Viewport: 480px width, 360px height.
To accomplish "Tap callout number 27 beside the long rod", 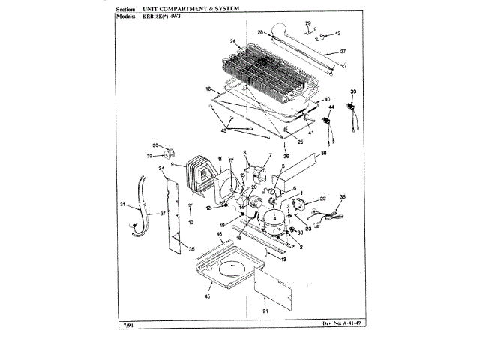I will tap(343, 51).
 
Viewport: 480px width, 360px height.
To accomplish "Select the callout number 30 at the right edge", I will tap(354, 92).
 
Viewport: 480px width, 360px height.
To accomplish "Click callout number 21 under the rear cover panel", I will tap(265, 310).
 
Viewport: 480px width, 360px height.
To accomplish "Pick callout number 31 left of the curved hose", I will tap(121, 205).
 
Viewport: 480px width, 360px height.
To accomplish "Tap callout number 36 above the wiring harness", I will tap(342, 197).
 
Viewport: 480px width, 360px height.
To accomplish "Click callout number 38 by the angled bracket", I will tap(324, 153).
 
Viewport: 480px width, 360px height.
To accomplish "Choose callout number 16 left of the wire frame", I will tap(207, 88).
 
